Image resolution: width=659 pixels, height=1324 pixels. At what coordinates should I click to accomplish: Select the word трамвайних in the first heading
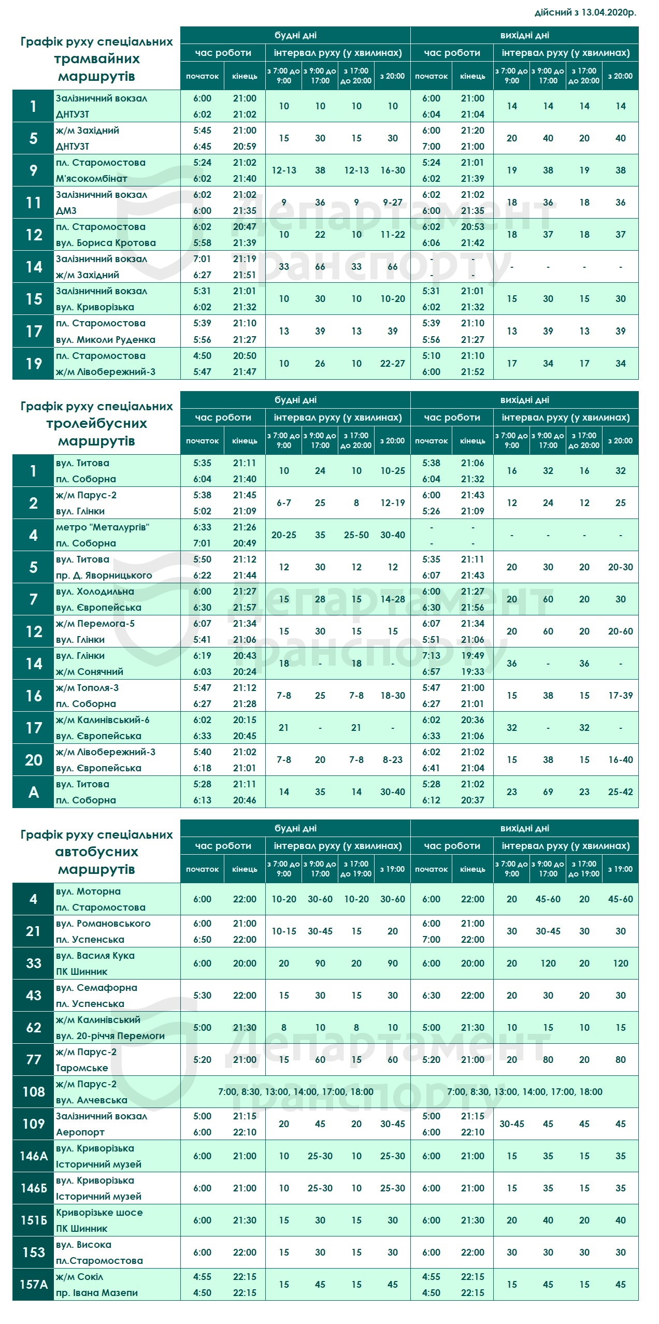[x=97, y=59]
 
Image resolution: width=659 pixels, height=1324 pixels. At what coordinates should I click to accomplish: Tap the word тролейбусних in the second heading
[x=97, y=424]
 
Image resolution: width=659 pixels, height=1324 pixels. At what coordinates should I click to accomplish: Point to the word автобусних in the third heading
[x=97, y=852]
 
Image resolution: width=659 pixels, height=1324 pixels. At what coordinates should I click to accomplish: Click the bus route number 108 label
[x=34, y=1092]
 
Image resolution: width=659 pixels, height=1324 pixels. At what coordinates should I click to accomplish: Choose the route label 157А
[x=34, y=1285]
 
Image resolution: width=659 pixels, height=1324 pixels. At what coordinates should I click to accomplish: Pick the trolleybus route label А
[x=34, y=792]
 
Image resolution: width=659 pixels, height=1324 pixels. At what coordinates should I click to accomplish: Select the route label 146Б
[x=34, y=1188]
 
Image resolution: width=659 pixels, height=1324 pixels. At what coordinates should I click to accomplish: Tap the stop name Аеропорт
[x=80, y=1132]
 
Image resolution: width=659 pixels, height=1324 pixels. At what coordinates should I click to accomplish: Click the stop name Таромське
[x=82, y=1068]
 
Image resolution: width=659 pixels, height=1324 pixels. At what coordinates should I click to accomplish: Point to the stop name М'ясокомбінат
[x=92, y=179]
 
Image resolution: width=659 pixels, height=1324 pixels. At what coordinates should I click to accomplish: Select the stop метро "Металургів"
[x=103, y=527]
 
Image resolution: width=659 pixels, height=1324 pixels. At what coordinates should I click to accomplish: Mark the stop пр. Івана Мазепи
[x=97, y=1293]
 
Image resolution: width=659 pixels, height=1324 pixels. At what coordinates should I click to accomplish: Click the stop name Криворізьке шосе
[x=99, y=1213]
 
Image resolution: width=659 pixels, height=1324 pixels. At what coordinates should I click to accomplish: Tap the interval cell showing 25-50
[x=356, y=535]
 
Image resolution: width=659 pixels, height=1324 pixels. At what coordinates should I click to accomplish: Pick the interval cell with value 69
[x=548, y=792]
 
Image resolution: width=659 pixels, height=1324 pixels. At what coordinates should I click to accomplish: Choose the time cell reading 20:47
[x=245, y=227]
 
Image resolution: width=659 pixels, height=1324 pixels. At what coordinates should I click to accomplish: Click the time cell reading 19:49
[x=472, y=656]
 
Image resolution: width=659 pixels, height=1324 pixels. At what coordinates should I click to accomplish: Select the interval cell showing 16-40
[x=621, y=760]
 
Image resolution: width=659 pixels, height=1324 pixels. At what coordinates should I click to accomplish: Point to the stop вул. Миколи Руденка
[x=106, y=340]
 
